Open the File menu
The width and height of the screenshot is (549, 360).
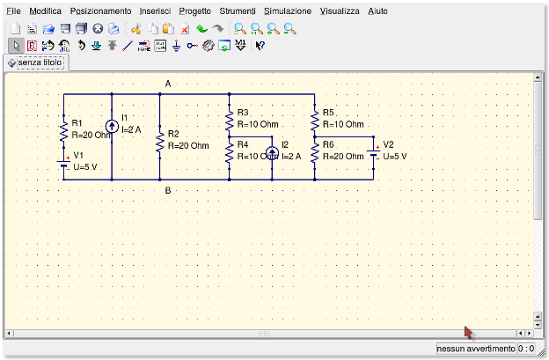coord(13,11)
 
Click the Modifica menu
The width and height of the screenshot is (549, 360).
coord(46,11)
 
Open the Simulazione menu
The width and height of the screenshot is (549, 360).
coord(288,11)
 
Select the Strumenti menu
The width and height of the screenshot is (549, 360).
coord(238,11)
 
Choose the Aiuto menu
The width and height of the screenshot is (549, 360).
coord(377,11)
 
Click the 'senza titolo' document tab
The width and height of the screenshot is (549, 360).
coord(34,63)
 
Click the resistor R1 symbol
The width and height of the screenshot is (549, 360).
coord(63,130)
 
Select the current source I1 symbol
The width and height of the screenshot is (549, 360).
coord(112,126)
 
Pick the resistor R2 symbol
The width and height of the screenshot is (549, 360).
coord(159,140)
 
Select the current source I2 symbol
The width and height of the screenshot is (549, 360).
coord(272,154)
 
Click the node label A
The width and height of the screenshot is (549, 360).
coord(167,84)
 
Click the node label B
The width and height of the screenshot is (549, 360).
coord(167,190)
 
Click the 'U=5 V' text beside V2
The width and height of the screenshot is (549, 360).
coord(395,156)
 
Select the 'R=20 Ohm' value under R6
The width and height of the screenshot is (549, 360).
coord(342,156)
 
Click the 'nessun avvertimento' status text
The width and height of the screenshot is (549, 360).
coord(475,349)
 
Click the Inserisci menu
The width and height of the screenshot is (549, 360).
coord(155,11)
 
